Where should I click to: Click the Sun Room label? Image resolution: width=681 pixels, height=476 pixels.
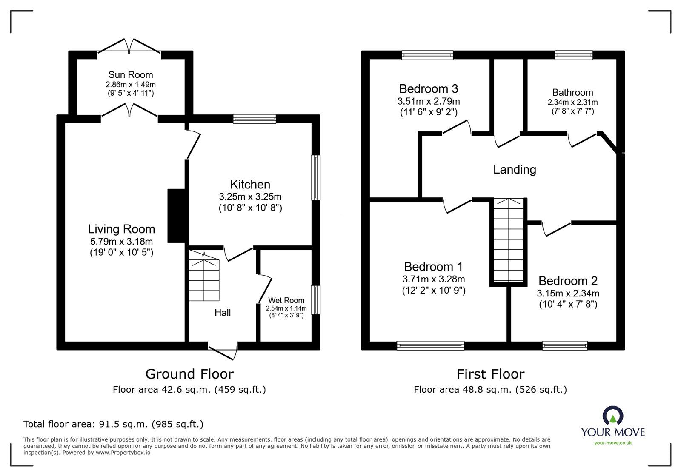pos(131,75)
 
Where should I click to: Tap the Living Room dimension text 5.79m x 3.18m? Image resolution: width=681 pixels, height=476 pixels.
pos(121,242)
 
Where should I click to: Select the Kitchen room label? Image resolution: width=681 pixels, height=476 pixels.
pos(250,184)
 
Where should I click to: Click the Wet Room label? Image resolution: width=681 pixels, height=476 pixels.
pos(286,300)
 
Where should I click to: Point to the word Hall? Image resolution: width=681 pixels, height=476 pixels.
pos(223,313)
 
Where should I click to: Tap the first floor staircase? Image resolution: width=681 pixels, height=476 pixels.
pos(508,240)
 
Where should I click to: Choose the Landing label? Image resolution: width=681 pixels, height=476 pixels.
pos(515,169)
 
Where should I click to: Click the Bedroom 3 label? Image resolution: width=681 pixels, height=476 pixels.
pos(428,89)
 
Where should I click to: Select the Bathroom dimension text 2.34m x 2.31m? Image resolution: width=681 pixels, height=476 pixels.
pos(573,103)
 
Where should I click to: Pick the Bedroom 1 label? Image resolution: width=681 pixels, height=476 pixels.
pos(433,267)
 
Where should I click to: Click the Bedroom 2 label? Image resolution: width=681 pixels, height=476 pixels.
pos(568,281)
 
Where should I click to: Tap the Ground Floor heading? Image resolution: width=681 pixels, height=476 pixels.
pos(189,374)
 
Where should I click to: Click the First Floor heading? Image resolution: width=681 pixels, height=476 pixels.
pos(490,374)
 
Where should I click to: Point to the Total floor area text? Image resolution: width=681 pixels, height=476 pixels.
pos(113,424)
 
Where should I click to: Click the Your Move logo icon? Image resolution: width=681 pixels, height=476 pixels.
pos(613,415)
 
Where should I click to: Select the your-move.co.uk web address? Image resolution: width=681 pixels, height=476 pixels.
pos(613,443)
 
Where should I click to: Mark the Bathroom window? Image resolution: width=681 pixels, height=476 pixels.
pos(574,55)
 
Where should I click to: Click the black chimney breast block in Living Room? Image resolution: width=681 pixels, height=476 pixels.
pos(177,216)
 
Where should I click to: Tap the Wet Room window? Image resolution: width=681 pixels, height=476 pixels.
pos(316,300)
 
